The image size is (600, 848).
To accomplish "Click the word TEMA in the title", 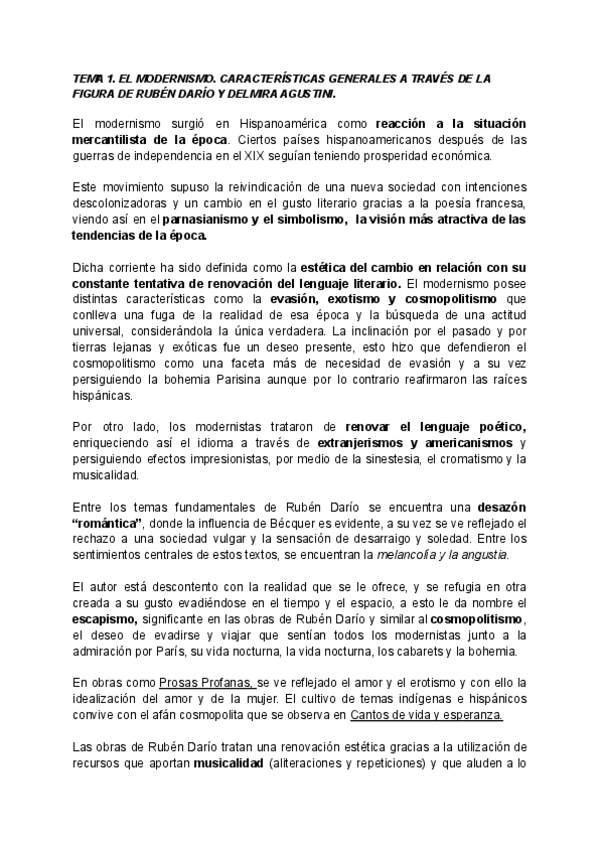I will [x=88, y=78].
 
